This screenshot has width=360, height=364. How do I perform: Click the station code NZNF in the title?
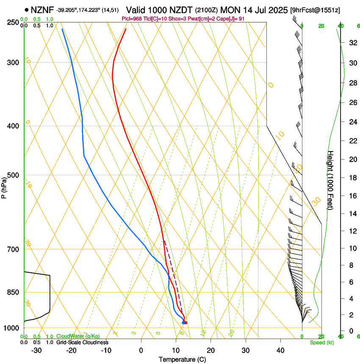click(x=43, y=9)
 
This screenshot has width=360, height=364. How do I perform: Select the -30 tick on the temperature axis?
click(x=36, y=350)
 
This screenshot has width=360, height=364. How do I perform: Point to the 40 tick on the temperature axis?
click(x=280, y=350)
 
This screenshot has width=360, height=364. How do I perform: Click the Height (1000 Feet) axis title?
click(x=331, y=180)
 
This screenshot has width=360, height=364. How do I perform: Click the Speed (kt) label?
click(x=321, y=342)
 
